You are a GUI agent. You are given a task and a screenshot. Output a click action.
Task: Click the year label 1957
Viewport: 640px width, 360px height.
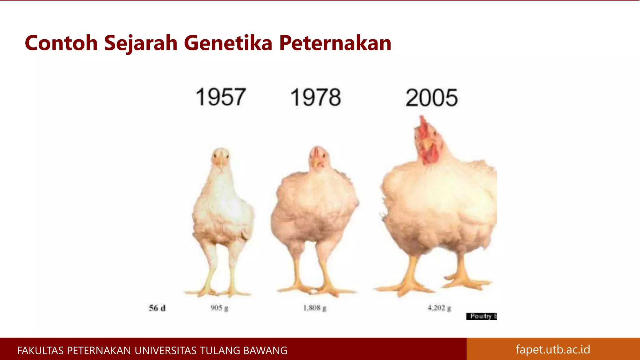221,97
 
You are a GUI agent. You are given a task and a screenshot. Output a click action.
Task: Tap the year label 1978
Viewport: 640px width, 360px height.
316,97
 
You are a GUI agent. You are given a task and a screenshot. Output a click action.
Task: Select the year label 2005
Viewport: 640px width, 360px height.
432,98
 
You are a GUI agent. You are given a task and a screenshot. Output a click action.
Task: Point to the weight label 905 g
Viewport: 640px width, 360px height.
219,308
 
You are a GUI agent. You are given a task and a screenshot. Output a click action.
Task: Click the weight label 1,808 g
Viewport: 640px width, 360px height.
315,308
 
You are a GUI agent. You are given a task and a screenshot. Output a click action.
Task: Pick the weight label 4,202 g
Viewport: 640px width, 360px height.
439,308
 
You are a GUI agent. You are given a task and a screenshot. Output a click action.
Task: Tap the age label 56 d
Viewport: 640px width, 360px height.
157,308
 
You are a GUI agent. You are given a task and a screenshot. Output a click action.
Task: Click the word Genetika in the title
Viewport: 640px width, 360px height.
228,43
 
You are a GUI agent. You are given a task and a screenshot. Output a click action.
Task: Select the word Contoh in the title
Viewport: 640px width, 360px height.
61,43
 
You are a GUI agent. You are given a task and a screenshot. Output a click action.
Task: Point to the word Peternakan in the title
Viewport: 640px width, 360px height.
335,43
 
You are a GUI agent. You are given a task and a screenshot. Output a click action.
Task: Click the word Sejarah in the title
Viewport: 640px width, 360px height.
141,43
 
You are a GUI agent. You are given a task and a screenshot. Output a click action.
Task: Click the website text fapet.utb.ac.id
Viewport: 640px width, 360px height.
553,349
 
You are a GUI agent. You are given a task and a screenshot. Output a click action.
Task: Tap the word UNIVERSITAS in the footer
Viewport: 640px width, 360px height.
166,351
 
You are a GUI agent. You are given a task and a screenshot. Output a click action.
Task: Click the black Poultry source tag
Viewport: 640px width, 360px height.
482,316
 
